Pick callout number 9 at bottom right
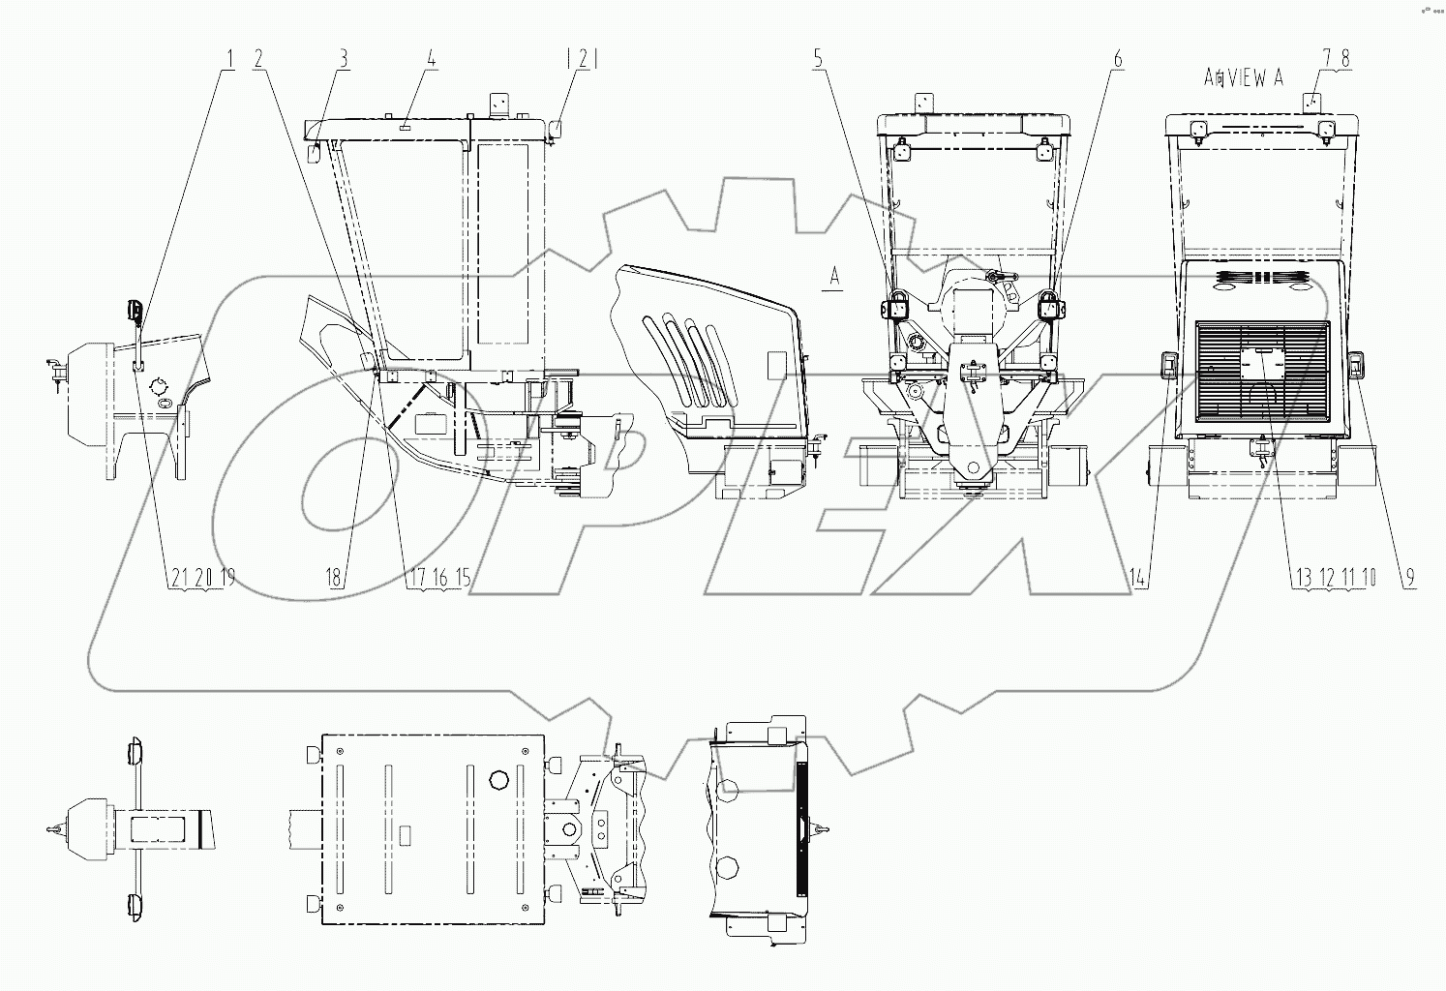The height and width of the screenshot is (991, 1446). tap(1409, 579)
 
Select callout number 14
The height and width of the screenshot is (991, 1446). tap(1138, 579)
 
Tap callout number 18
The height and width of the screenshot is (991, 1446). tap(334, 579)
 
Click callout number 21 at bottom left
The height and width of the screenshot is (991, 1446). tap(178, 579)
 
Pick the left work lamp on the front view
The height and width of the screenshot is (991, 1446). tap(894, 309)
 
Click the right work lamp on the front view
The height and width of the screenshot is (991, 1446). tap(1049, 309)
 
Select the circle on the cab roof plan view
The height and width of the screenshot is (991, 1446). tap(500, 778)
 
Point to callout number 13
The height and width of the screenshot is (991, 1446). tap(1305, 579)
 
